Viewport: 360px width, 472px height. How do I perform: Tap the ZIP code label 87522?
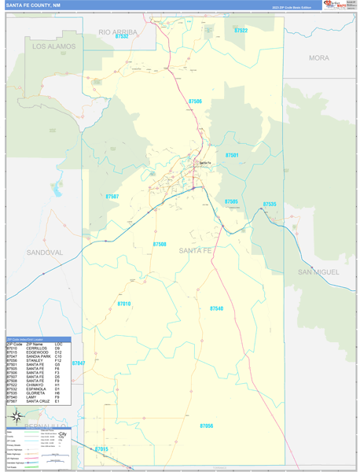(241, 31)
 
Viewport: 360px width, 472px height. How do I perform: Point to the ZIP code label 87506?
(195, 101)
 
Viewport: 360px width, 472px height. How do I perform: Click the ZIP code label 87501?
(232, 156)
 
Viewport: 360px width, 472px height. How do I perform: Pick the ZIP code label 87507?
(112, 197)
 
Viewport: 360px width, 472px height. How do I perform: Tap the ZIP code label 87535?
(270, 204)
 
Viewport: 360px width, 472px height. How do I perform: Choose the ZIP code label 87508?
(160, 245)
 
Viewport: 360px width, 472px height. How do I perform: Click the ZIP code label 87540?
(217, 308)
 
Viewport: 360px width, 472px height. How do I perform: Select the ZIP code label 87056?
(207, 404)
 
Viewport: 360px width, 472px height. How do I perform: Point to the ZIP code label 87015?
(101, 449)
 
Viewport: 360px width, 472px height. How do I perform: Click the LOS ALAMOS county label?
(54, 46)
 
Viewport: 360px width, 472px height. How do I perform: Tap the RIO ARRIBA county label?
(118, 31)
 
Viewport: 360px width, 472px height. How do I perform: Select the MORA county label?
(319, 58)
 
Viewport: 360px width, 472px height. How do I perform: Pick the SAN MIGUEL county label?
(318, 271)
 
